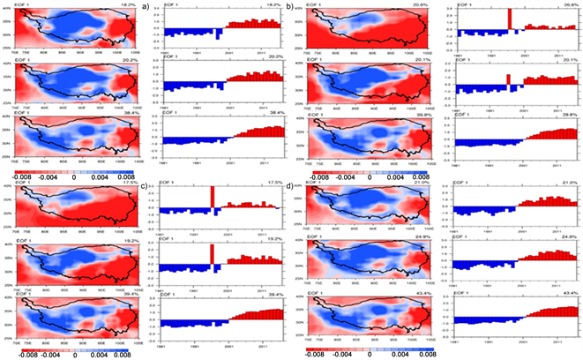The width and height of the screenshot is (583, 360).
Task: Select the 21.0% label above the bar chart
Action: coord(570,182)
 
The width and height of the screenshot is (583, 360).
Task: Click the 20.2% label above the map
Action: coord(127,59)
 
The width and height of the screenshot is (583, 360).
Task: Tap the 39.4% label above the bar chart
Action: coord(280,296)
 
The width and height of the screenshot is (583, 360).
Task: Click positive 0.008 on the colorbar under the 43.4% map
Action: coord(428,353)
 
